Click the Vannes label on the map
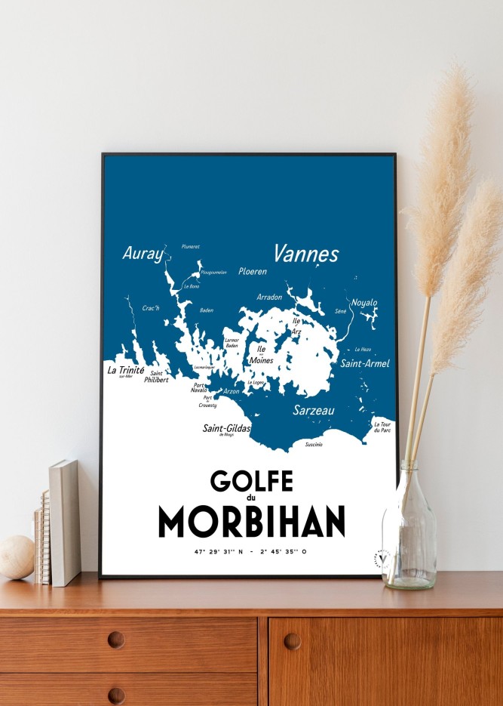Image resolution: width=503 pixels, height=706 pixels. point(305,254)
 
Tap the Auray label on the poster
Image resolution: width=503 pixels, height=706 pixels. point(143,254)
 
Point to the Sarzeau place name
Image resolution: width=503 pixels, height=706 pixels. point(314,411)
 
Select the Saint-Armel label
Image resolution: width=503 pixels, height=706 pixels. point(365,364)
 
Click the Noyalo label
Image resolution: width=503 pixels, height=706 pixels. point(364,303)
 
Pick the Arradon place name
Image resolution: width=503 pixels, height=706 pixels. point(269,297)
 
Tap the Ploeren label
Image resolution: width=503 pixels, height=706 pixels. point(253,271)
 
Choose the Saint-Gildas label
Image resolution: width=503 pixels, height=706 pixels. point(226,428)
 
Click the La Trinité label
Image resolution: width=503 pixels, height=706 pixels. point(126,370)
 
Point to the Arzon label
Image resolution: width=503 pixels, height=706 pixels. point(232,391)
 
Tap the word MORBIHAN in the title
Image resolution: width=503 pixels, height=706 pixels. point(251,522)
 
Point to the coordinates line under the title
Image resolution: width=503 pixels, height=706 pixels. point(251,552)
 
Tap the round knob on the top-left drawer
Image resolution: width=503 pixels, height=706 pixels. point(116,640)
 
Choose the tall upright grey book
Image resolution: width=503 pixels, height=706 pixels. point(65,522)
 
